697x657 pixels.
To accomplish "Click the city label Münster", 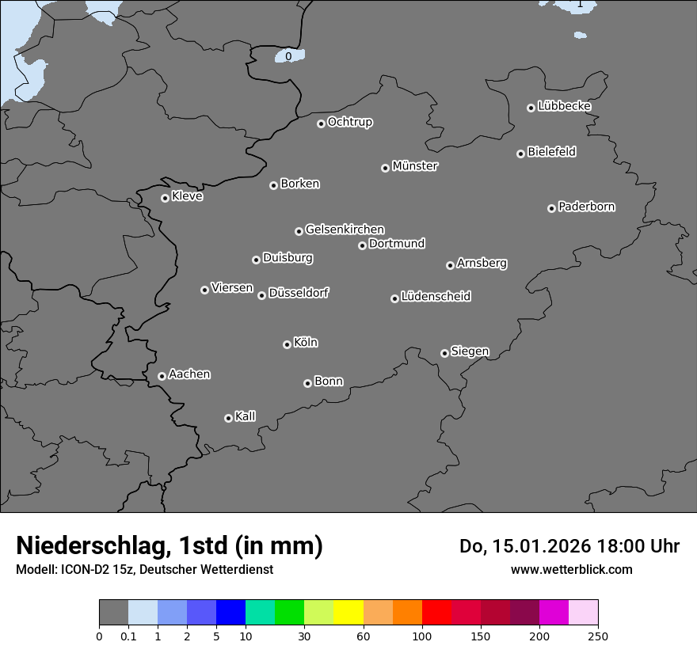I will [415, 166].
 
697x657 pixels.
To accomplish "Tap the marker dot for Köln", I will [287, 344].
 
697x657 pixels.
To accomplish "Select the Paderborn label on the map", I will [587, 207].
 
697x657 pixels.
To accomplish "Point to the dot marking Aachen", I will [162, 376].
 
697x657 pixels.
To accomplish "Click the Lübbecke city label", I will [565, 106].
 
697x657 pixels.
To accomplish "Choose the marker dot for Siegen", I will [444, 353].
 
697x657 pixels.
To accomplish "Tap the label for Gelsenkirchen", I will [345, 230].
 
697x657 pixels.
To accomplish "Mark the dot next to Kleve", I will [165, 198].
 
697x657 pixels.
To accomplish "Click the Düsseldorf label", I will [299, 293].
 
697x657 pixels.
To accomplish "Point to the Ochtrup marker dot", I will [321, 123].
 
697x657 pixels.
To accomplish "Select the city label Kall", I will [246, 416].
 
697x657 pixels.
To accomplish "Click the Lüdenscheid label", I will [436, 297].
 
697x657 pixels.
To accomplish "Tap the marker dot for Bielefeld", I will [520, 154].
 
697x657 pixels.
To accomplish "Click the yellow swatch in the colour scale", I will [348, 613].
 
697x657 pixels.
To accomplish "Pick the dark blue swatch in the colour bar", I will [230, 613].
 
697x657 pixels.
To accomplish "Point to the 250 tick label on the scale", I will [598, 636].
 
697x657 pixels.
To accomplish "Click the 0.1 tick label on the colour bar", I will [128, 636].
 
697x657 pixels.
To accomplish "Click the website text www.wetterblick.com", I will [572, 569].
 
